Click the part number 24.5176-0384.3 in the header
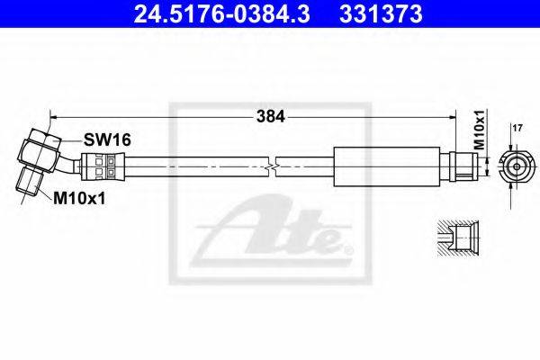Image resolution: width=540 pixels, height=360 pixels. tap(221, 14)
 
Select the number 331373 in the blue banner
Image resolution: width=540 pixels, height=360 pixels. tap(381, 14)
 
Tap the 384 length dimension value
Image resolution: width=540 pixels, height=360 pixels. tap(270, 117)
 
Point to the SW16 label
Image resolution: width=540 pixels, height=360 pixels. tap(107, 139)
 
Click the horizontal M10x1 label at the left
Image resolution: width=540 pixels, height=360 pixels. tap(79, 198)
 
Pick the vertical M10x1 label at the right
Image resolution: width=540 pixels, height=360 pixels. tap(479, 130)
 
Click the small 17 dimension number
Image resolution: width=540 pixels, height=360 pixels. tap(517, 128)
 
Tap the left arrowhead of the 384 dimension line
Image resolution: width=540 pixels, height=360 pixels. tap(54, 118)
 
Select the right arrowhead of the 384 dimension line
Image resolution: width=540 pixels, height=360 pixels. tap(452, 118)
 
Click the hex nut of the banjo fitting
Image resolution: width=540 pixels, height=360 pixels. tap(39, 150)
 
